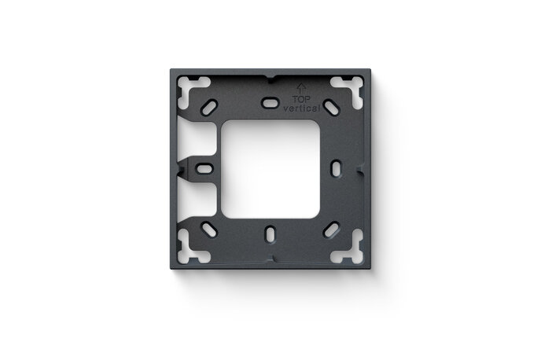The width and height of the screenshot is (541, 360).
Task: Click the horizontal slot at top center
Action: click(x=269, y=101)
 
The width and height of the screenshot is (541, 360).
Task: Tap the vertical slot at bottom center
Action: click(x=269, y=233)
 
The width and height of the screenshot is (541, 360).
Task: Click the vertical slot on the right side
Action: click(x=334, y=167)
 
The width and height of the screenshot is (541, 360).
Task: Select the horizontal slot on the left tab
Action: click(x=203, y=167)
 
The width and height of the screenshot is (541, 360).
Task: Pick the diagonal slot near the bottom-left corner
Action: click(x=211, y=229)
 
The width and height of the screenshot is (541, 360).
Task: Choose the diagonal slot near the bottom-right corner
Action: click(x=331, y=228)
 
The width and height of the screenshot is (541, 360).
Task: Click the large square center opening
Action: click(x=269, y=167)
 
